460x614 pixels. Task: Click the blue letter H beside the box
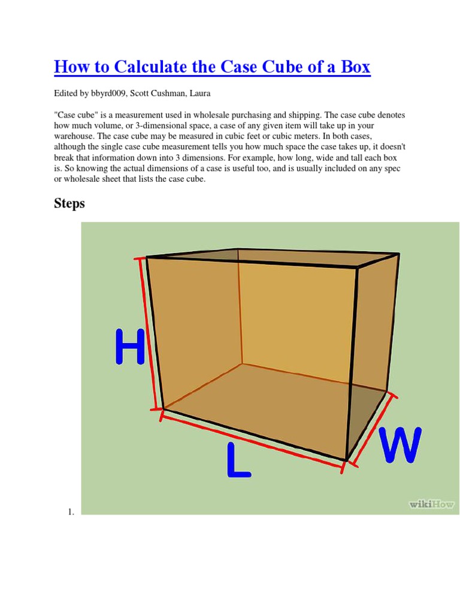click(130, 347)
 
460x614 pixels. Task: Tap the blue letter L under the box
click(238, 461)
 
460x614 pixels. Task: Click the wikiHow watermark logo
click(431, 504)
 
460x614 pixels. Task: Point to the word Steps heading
click(69, 203)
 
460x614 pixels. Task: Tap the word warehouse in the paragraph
click(73, 135)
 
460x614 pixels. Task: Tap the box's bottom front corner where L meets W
click(346, 460)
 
